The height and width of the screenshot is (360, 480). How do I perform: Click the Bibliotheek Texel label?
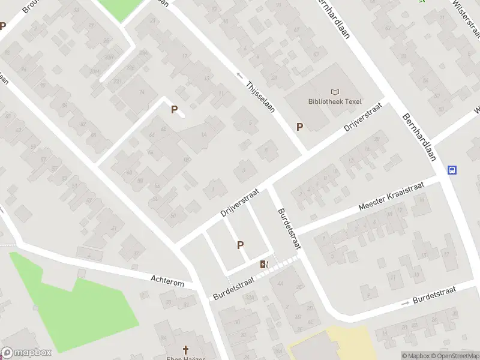point(335,101)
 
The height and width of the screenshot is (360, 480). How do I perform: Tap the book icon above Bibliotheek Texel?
point(335,92)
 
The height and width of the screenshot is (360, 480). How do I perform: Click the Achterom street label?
point(167,280)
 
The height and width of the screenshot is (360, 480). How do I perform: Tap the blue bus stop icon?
point(452,170)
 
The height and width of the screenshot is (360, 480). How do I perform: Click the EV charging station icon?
point(264,265)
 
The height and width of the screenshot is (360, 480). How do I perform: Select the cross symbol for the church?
point(186,349)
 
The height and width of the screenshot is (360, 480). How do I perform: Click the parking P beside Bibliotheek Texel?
point(299,127)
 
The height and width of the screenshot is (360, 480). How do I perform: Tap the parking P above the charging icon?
point(241,245)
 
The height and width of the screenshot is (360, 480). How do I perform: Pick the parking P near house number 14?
point(175,110)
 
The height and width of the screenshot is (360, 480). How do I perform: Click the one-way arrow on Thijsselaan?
point(241,76)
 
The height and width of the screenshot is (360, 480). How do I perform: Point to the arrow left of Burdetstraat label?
point(405,303)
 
